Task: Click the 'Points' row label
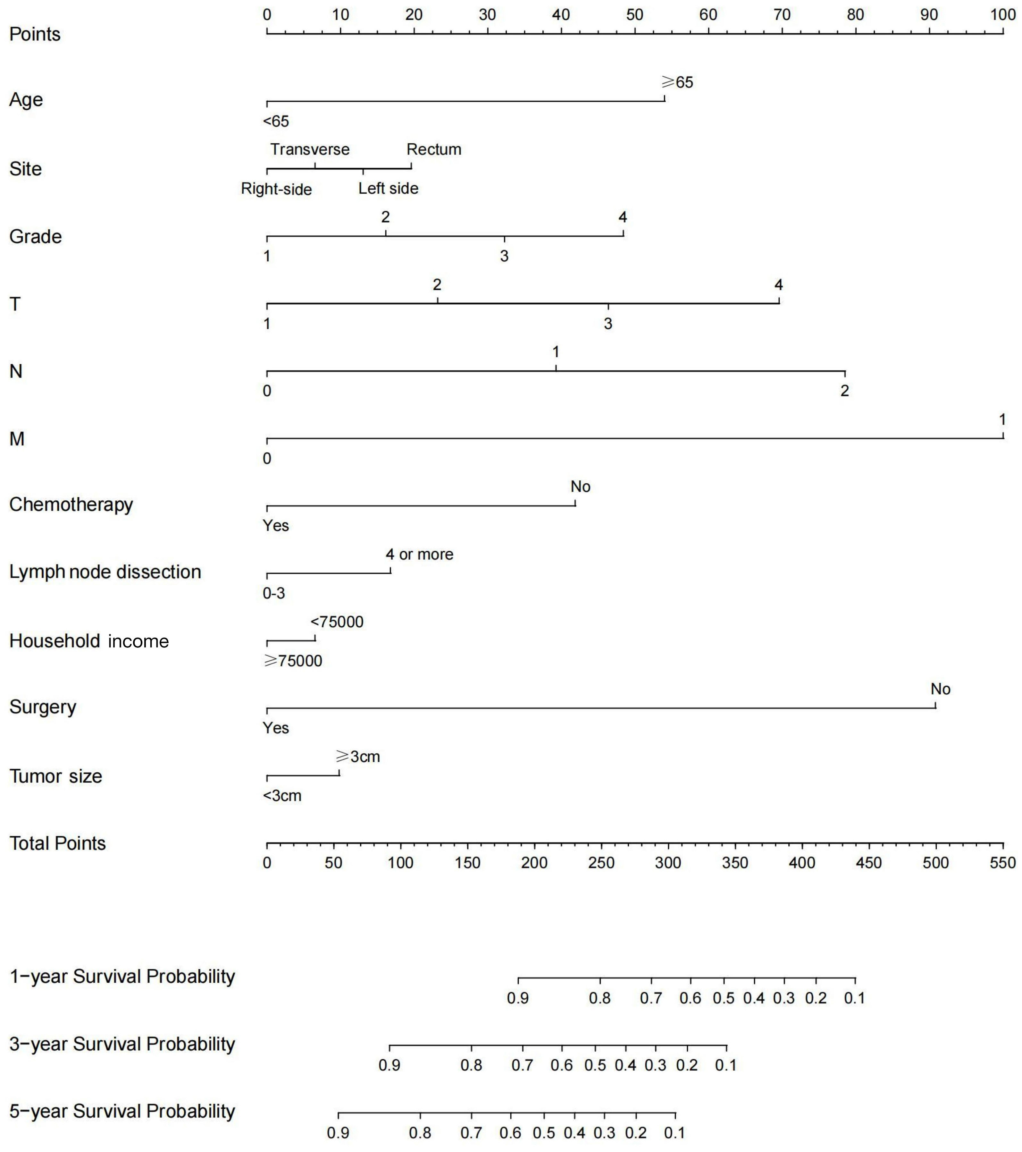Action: pyautogui.click(x=35, y=34)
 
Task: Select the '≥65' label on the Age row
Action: pyautogui.click(x=677, y=82)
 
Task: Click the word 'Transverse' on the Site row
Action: pyautogui.click(x=310, y=149)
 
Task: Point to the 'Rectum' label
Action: pyautogui.click(x=434, y=149)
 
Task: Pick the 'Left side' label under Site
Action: pyautogui.click(x=388, y=188)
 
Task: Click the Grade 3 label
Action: pyautogui.click(x=504, y=256)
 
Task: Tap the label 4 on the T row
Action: pyautogui.click(x=779, y=284)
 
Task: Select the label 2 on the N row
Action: pyautogui.click(x=844, y=391)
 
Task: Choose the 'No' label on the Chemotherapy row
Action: pyautogui.click(x=580, y=487)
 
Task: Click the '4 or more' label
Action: pyautogui.click(x=419, y=554)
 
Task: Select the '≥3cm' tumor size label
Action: pyautogui.click(x=358, y=756)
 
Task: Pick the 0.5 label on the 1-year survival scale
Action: pyautogui.click(x=724, y=998)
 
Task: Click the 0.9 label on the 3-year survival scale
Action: pyautogui.click(x=389, y=1065)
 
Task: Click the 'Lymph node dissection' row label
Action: pyautogui.click(x=105, y=572)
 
